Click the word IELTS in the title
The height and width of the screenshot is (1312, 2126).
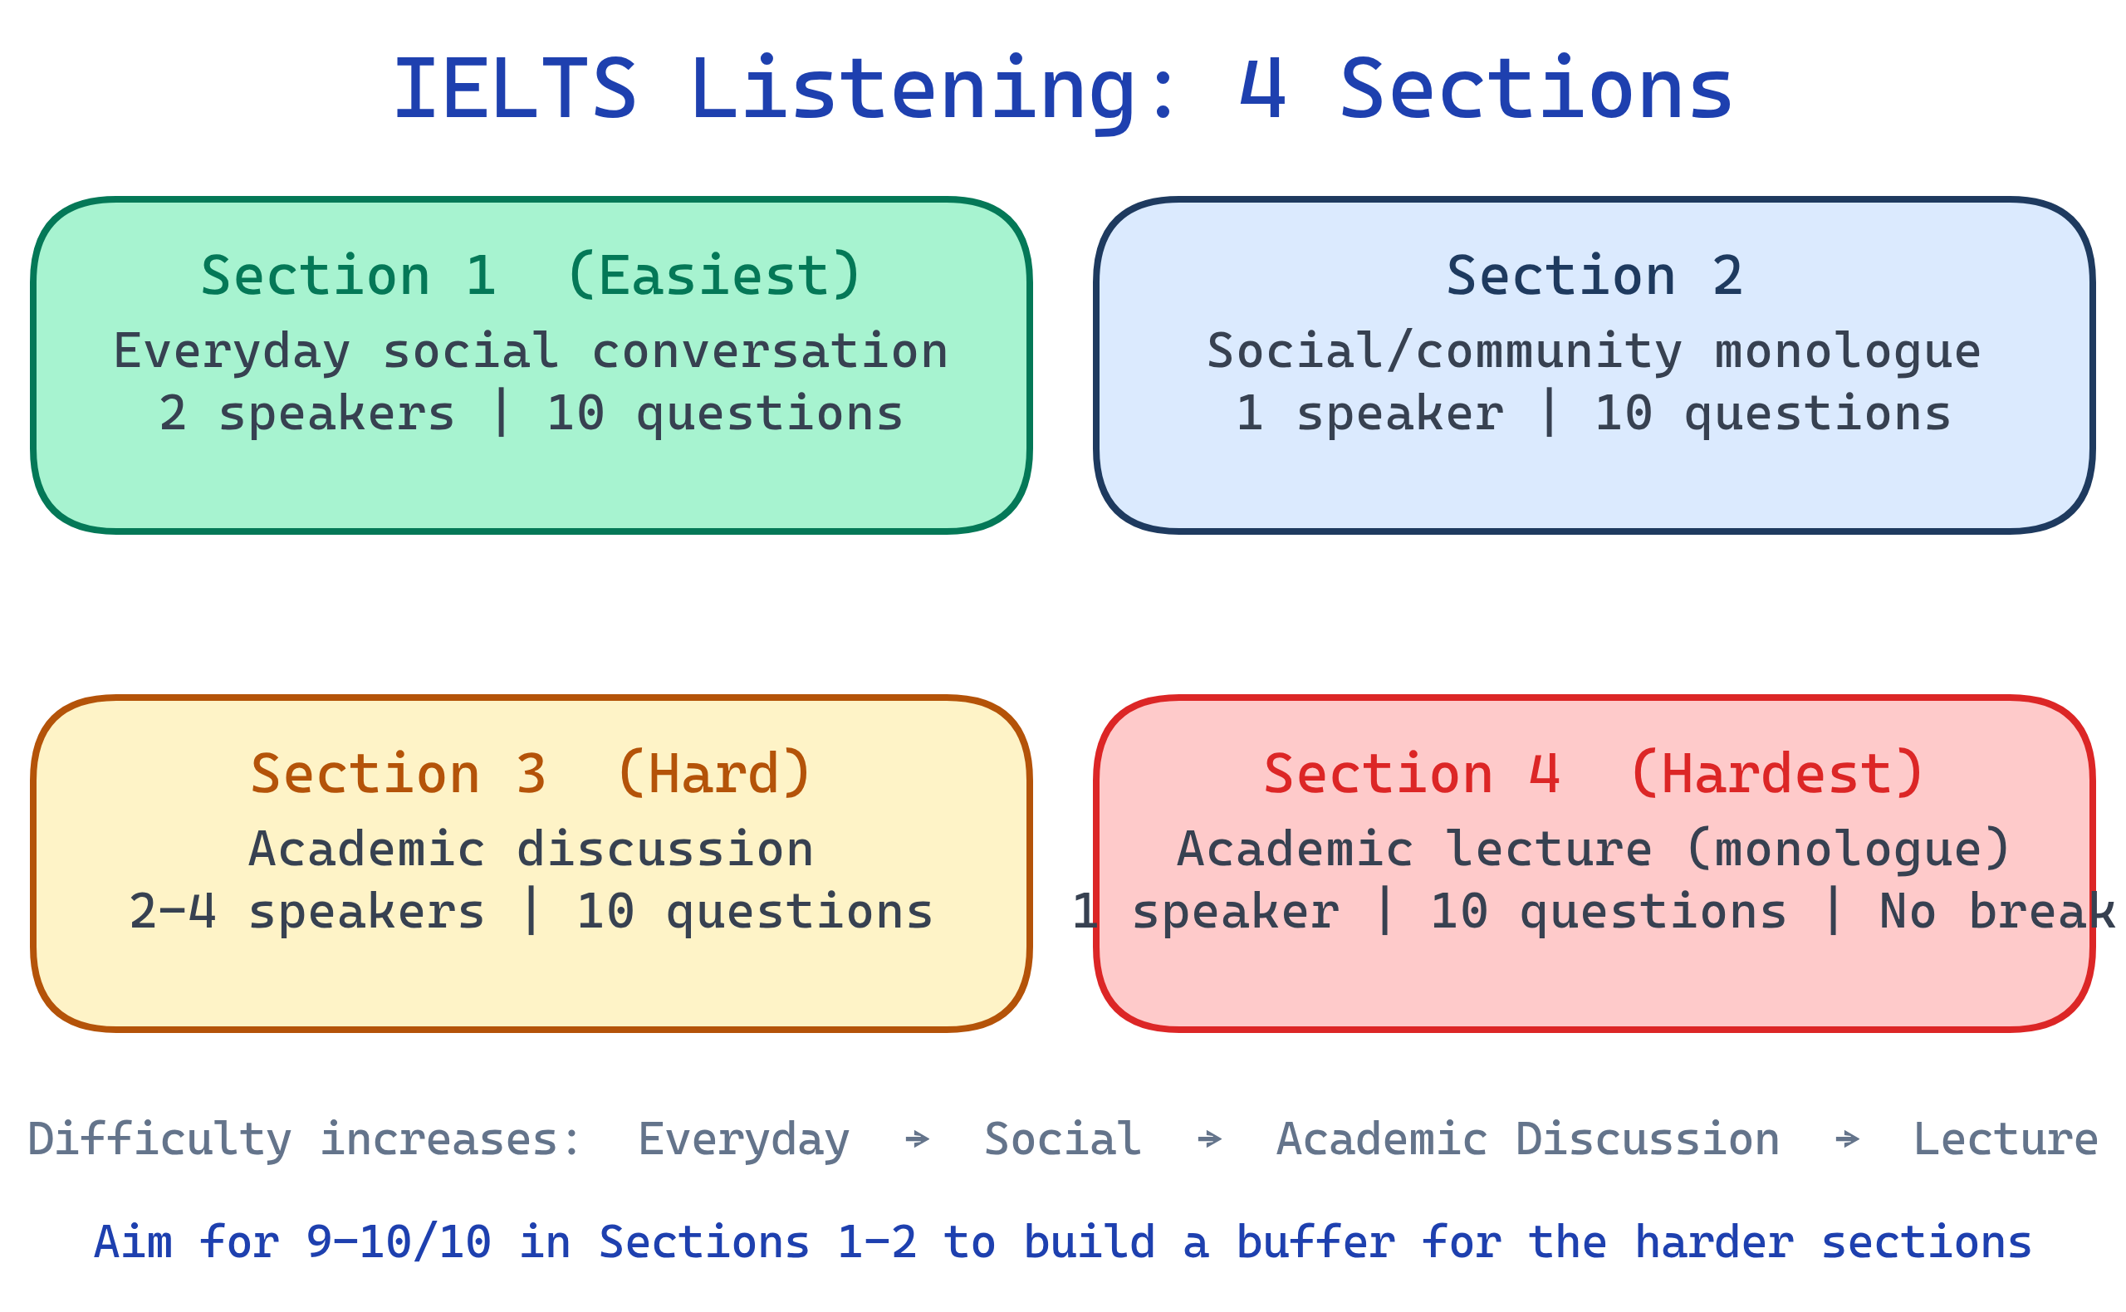[515, 90]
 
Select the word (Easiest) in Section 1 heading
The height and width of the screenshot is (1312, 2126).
[713, 276]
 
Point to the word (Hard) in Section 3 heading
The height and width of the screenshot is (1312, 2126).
[713, 774]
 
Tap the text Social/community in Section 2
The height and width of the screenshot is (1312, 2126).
[1443, 351]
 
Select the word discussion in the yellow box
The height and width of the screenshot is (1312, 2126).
[664, 849]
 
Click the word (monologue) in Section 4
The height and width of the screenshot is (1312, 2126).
[1848, 849]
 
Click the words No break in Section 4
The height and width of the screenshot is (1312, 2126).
[1996, 912]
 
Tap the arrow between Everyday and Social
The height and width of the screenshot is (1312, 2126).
[916, 1139]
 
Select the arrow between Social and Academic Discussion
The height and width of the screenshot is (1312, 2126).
[1209, 1139]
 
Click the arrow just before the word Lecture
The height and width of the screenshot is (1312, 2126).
[1847, 1139]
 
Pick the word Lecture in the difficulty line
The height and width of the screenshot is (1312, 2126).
[2006, 1139]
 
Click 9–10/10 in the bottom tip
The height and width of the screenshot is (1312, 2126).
[399, 1242]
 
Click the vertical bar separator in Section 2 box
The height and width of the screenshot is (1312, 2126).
[1549, 413]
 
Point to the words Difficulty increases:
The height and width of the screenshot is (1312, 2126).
[304, 1139]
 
